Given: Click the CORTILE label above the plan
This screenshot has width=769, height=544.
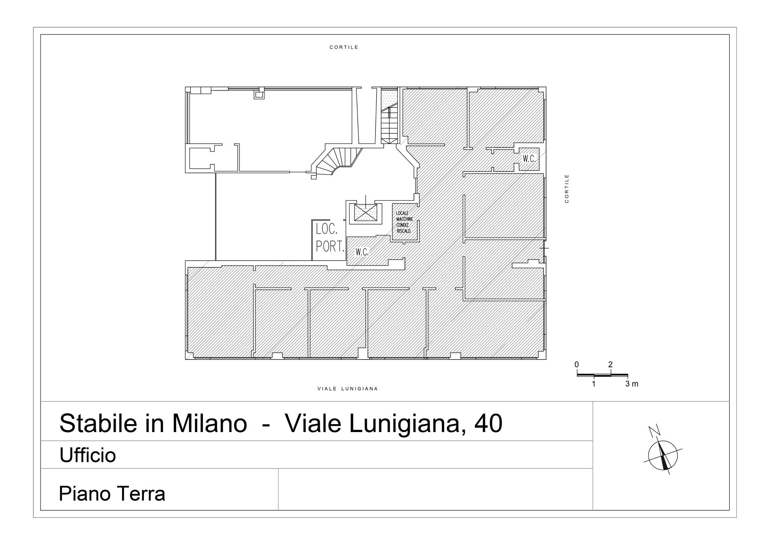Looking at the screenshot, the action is point(344,47).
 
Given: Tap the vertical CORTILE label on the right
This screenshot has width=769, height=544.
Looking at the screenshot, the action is point(567,189).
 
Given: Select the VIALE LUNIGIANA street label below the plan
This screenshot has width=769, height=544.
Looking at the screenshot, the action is point(347,389).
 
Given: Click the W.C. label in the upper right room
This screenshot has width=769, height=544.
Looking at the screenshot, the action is point(529,159).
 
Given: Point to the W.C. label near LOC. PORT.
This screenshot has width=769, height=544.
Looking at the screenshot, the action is point(362,252).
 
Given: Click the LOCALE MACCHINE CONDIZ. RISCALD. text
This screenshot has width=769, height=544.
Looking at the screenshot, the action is point(404,222).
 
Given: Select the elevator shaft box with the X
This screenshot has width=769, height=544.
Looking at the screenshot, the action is point(365,213).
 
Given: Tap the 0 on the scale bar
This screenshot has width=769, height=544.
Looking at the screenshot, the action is point(577,365).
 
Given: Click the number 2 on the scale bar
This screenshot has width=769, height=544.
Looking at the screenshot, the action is point(611,365).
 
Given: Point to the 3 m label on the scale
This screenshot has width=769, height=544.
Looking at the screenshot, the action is point(632,384).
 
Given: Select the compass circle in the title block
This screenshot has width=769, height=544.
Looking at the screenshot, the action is point(663,455).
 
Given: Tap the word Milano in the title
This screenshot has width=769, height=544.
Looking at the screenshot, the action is point(210,423).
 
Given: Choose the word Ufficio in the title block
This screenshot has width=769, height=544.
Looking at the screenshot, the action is point(87,455).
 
